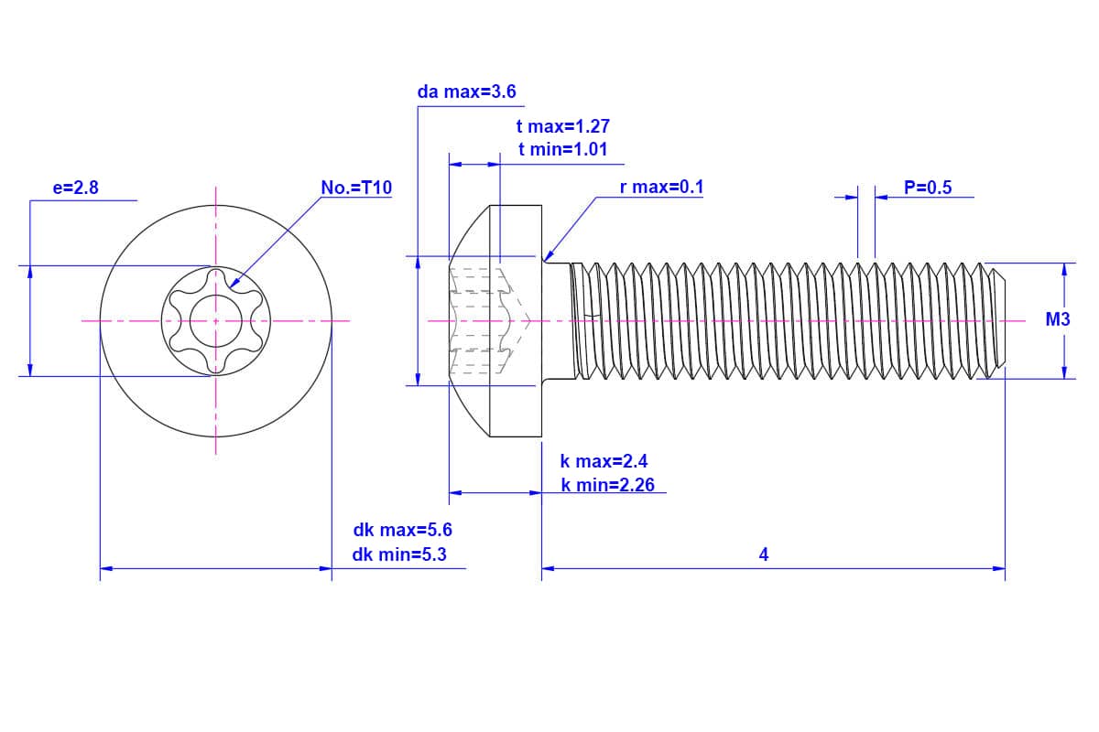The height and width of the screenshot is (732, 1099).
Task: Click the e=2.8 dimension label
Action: (75, 188)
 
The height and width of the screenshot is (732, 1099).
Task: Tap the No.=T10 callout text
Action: (356, 188)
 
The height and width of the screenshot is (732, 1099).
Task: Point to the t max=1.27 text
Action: (562, 127)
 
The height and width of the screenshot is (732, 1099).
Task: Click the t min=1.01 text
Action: (562, 149)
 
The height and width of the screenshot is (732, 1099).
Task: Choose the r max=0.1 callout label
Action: (661, 188)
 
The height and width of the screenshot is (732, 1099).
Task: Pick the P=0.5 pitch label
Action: (928, 188)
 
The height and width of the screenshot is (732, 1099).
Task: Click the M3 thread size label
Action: (1058, 319)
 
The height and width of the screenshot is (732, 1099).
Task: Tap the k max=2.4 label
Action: (604, 461)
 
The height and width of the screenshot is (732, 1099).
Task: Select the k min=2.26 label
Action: (608, 485)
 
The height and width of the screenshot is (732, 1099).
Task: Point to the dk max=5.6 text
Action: (402, 530)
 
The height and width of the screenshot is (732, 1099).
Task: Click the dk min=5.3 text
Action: (399, 554)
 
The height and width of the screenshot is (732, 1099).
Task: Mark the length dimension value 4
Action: (764, 554)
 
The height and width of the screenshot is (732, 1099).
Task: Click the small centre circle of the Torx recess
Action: (216, 321)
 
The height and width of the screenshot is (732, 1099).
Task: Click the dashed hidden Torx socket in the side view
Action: (485, 320)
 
